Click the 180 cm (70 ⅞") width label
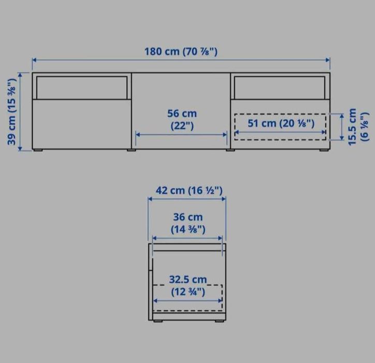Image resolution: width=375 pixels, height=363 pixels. point(181,51)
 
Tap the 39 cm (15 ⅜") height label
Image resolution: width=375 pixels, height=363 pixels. point(11,111)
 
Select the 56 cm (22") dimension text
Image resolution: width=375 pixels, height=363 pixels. point(182,119)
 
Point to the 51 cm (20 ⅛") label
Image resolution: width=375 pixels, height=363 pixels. point(281,123)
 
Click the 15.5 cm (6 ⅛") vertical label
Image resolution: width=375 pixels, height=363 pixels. point(358,127)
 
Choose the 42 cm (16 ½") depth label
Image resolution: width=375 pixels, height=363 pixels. point(189,191)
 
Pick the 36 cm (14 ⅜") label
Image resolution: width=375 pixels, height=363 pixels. point(188,223)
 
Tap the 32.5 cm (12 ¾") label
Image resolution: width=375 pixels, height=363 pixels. point(188,286)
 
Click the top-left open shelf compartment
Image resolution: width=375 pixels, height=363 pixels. point(82,88)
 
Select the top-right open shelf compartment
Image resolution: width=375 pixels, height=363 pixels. point(280,88)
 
